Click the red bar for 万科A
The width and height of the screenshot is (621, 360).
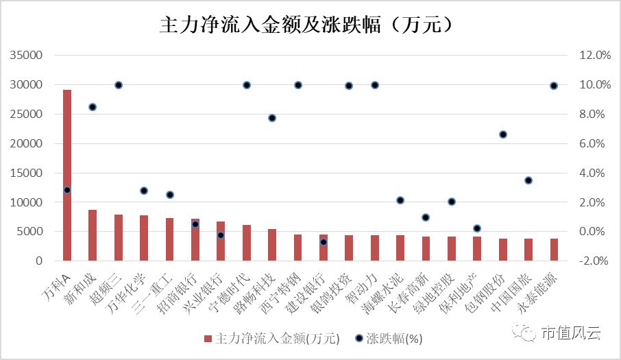pyautogui.click(x=67, y=175)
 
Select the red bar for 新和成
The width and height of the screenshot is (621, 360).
pyautogui.click(x=93, y=235)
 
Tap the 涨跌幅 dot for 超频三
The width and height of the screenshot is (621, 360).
pyautogui.click(x=119, y=85)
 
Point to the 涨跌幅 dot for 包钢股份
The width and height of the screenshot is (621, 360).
pyautogui.click(x=503, y=134)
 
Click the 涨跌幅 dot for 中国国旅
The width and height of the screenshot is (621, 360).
pyautogui.click(x=528, y=180)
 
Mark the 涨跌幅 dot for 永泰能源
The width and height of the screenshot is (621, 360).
pyautogui.click(x=554, y=86)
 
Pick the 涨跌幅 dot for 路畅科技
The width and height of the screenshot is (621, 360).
pyautogui.click(x=272, y=118)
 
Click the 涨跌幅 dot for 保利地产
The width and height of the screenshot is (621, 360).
pyautogui.click(x=477, y=228)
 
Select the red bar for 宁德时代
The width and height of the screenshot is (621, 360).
pyautogui.click(x=247, y=243)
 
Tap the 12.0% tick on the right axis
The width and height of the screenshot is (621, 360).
pyautogui.click(x=594, y=56)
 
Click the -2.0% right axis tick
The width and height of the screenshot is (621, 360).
pyautogui.click(x=594, y=261)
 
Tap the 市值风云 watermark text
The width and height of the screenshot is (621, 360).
pyautogui.click(x=570, y=334)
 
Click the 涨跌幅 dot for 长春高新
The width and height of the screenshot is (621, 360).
pyautogui.click(x=426, y=217)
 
